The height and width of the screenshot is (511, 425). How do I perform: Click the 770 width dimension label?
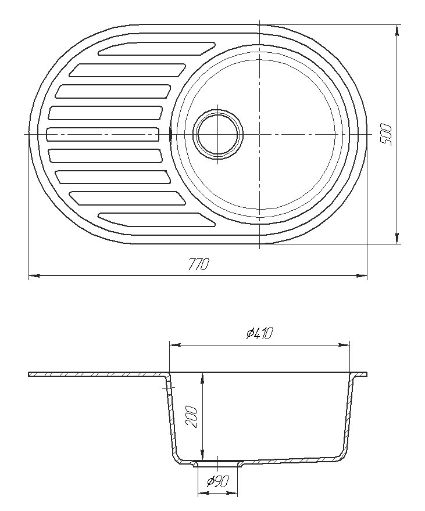tap(198, 264)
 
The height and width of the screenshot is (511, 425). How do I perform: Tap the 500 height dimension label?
tap(385, 134)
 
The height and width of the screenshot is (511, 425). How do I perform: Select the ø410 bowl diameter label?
tap(260, 333)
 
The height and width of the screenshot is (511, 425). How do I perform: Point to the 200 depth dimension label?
tap(191, 417)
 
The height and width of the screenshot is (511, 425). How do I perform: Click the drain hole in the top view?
tap(218, 134)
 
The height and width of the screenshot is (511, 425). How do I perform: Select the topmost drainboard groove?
tap(156, 49)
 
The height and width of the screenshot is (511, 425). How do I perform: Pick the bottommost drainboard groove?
tap(156, 219)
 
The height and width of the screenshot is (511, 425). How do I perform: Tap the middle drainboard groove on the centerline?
tap(103, 134)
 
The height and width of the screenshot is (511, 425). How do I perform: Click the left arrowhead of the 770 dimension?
tap(34, 276)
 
